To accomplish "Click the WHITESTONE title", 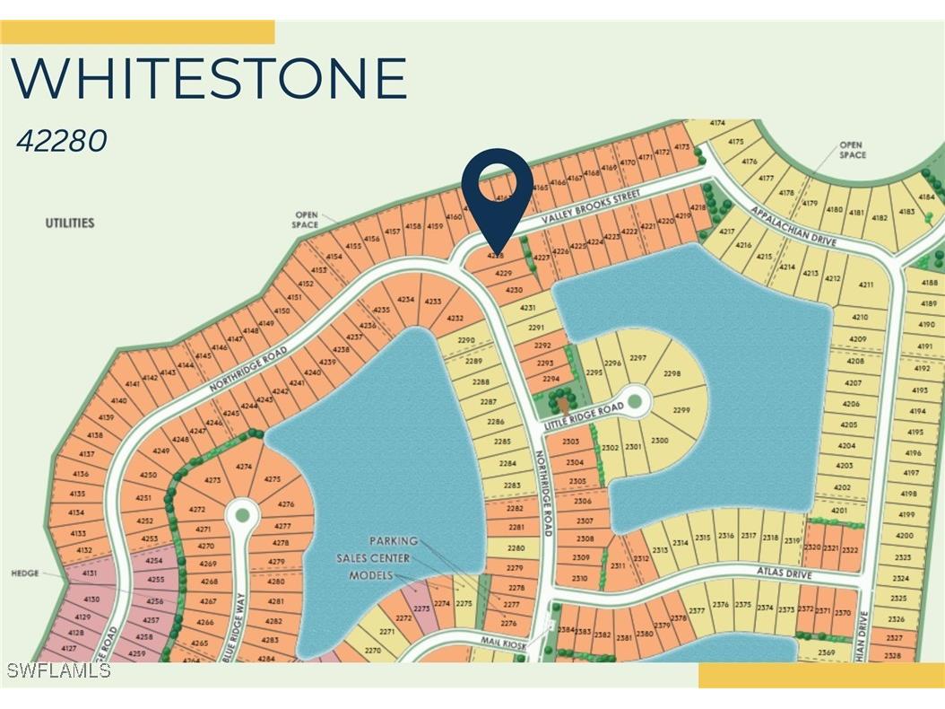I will point(210,78).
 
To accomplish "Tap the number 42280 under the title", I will point(62,141).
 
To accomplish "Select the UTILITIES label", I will point(70,223).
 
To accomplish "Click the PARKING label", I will point(394,541).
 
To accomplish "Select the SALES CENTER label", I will point(373,558).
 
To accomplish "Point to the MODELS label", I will point(371,575).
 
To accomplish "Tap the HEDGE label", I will point(25,573).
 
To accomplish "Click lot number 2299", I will point(681,410).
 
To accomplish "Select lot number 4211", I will point(865,284).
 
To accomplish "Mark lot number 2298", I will point(672,373).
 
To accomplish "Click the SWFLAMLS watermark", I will point(58,670).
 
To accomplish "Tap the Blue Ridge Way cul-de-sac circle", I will point(241,515).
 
